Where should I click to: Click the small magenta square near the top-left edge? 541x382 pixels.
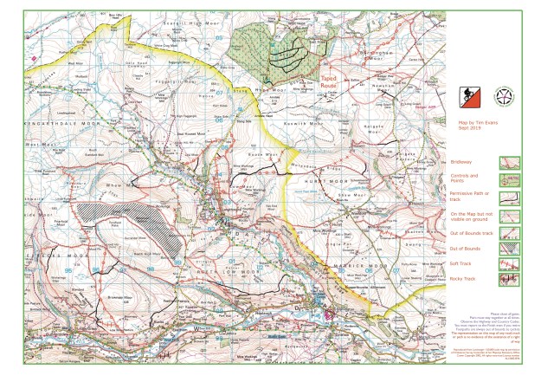pyautogui.click(x=33, y=58)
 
